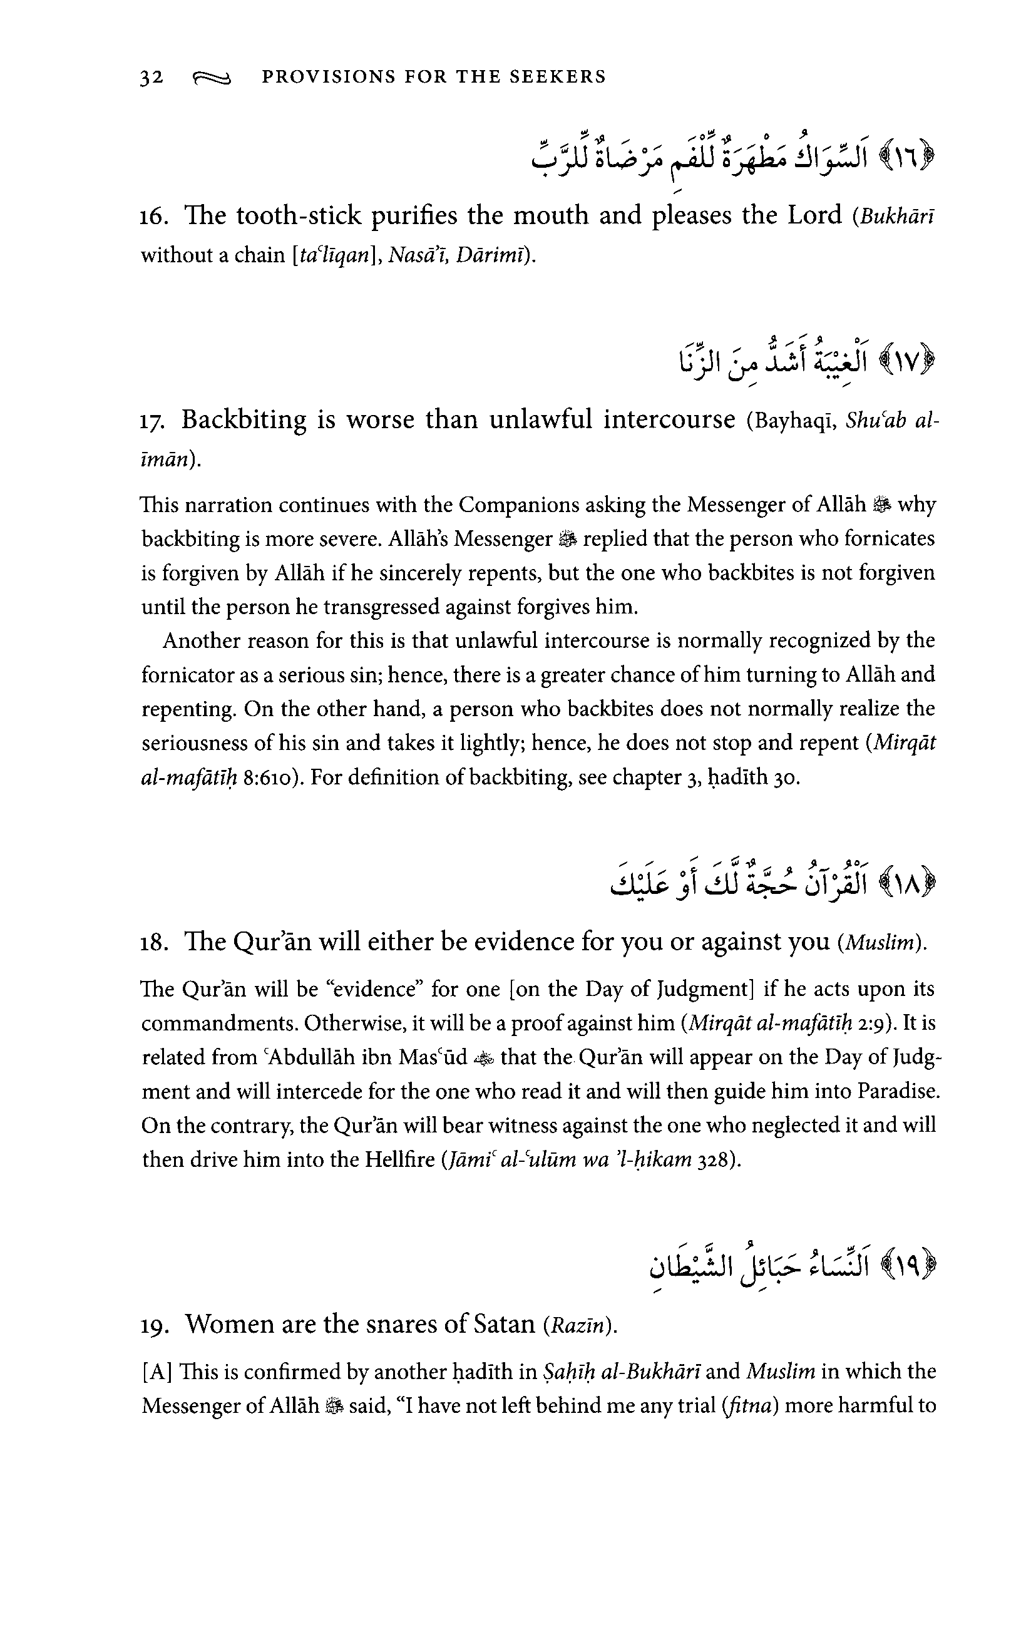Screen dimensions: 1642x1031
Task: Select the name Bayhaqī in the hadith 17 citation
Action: [794, 420]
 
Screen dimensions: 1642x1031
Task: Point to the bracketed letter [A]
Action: [158, 1372]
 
